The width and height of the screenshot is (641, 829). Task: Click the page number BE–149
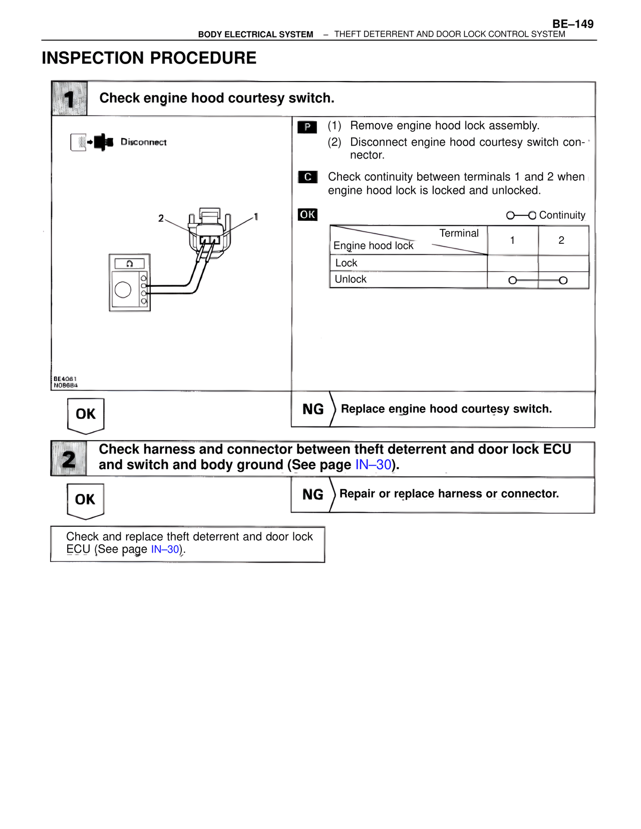pyautogui.click(x=572, y=24)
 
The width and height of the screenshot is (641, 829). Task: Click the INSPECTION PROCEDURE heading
pyautogui.click(x=149, y=58)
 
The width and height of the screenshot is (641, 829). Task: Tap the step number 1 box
pyautogui.click(x=70, y=99)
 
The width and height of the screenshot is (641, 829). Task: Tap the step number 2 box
pyautogui.click(x=69, y=459)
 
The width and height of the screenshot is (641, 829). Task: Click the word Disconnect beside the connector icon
pyautogui.click(x=143, y=142)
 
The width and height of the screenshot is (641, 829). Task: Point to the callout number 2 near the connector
pyautogui.click(x=161, y=218)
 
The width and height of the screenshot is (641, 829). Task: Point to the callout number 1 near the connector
pyautogui.click(x=256, y=217)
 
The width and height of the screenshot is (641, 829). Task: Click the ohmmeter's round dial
pyautogui.click(x=123, y=289)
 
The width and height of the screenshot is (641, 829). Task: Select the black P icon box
pyautogui.click(x=307, y=127)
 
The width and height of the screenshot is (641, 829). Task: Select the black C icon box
pyautogui.click(x=307, y=177)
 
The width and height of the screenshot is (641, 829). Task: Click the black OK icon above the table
pyautogui.click(x=307, y=215)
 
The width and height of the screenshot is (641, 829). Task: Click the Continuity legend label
pyautogui.click(x=562, y=215)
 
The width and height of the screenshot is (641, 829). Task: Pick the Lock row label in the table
pyautogui.click(x=346, y=263)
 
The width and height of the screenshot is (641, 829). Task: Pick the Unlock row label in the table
pyautogui.click(x=351, y=279)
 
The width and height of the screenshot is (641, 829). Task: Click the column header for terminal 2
pyautogui.click(x=561, y=240)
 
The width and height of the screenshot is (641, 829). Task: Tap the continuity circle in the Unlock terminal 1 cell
pyautogui.click(x=512, y=280)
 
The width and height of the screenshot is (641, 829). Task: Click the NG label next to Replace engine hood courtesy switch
pyautogui.click(x=313, y=409)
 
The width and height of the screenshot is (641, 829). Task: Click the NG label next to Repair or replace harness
pyautogui.click(x=313, y=495)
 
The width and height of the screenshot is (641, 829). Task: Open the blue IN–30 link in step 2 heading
pyautogui.click(x=373, y=465)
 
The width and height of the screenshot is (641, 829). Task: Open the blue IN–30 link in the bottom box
pyautogui.click(x=165, y=549)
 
